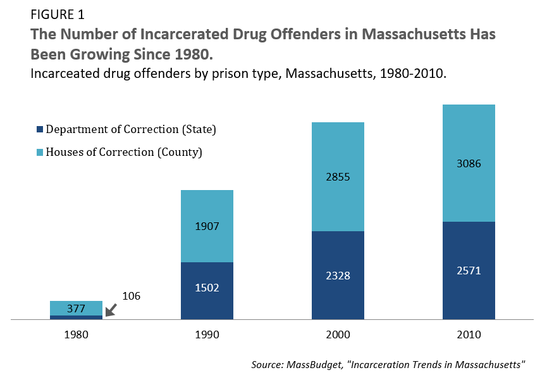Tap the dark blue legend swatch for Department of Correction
pos(39,129)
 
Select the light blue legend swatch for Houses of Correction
pos(39,152)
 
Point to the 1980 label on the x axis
pos(76,334)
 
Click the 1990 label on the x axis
pos(207,334)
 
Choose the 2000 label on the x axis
pos(338,334)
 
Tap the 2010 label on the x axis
pos(469,334)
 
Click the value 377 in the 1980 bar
pos(76,309)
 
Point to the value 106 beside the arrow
pos(131,296)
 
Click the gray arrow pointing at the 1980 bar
pos(112,309)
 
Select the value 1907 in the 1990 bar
pos(207,226)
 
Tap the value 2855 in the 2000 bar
pos(338,177)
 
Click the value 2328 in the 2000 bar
pos(338,276)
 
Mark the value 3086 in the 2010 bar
pos(469,163)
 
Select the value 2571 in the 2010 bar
pos(469,271)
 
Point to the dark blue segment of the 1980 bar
pos(76,317)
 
